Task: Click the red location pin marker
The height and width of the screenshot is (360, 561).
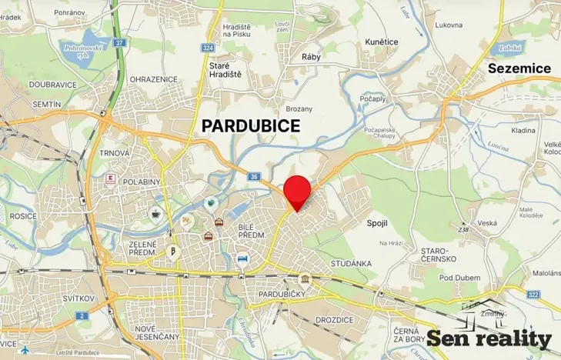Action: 297,191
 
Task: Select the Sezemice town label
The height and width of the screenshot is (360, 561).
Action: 519,68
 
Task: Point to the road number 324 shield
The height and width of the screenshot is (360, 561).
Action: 208,48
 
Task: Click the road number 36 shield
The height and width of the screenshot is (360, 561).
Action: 253,176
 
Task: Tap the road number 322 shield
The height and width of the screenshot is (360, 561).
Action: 533,294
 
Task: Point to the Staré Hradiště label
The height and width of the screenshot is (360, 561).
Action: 225,71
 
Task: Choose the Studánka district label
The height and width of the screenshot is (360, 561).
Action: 352,263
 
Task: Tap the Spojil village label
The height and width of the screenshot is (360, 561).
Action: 376,222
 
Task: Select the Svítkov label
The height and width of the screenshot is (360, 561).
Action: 78,298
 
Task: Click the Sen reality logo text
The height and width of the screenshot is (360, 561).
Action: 489,338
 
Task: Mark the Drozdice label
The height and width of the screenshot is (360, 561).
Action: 334,318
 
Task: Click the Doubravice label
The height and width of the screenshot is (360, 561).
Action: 53,85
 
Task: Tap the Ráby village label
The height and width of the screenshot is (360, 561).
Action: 311,57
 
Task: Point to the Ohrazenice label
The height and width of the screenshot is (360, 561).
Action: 154,79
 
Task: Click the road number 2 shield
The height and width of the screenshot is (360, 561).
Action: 82,316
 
